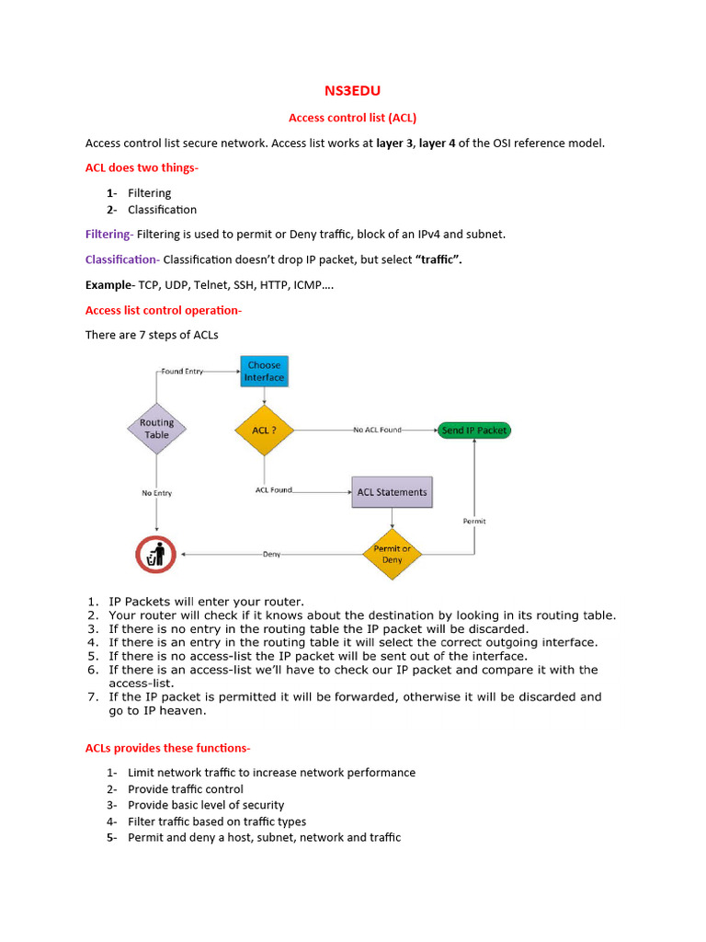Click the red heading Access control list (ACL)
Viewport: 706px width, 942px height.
353,118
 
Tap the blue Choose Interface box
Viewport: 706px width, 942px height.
264,372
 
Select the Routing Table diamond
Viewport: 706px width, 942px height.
156,429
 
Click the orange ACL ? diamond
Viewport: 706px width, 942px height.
264,430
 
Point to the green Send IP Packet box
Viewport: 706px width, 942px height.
473,430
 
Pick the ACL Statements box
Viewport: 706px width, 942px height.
392,492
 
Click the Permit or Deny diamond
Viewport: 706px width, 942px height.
392,554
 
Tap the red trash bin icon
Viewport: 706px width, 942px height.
155,555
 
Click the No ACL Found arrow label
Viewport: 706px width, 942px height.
377,430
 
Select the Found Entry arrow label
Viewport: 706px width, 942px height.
183,372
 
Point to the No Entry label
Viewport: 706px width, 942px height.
156,493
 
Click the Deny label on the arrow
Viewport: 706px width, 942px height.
271,555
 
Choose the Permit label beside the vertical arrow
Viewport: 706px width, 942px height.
473,522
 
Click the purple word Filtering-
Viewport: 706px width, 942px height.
109,235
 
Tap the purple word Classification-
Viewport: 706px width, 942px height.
122,259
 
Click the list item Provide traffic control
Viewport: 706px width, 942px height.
186,789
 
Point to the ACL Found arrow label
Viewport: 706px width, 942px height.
274,490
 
